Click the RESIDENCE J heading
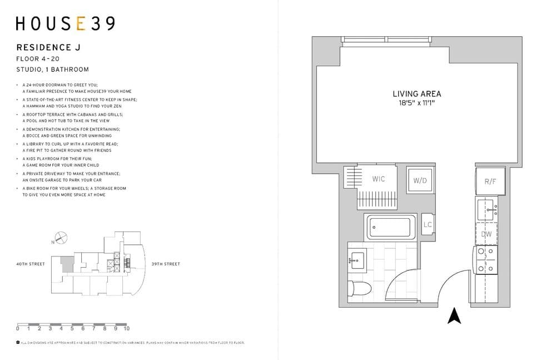point(48,48)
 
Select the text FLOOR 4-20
point(38,58)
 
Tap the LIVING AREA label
point(416,94)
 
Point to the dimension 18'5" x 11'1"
point(416,103)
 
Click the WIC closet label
point(379,179)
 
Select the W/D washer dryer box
point(420,180)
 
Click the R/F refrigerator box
point(490,181)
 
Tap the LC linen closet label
point(428,225)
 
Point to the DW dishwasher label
point(487,234)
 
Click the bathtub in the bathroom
point(390,227)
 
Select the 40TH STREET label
point(30,264)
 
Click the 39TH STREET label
point(166,264)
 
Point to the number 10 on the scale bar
point(126,329)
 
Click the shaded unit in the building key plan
point(67,264)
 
